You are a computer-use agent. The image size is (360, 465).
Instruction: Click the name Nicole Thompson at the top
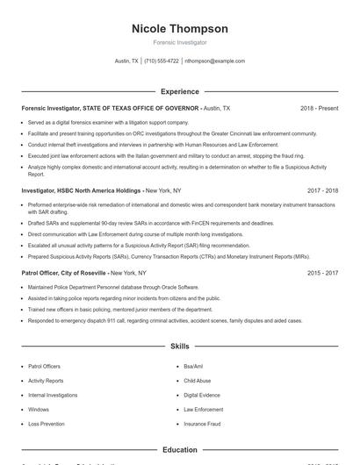[179, 29]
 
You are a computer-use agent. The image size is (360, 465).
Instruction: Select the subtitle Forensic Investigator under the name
[179, 42]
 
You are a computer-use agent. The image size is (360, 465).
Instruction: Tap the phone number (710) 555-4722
[161, 61]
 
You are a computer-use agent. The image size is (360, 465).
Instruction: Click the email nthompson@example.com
[214, 61]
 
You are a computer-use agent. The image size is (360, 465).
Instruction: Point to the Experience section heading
[179, 91]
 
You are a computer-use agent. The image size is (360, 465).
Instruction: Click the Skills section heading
[179, 347]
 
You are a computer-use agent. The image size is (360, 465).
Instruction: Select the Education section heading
[179, 450]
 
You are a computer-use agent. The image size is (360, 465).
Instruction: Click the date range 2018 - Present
[319, 108]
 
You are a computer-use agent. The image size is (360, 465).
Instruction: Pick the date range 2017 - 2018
[322, 190]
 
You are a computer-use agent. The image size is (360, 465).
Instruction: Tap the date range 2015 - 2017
[322, 273]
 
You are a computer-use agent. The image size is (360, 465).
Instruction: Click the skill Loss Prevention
[46, 424]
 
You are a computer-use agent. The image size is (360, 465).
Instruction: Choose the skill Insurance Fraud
[201, 424]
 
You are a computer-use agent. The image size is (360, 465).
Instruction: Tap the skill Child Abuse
[197, 381]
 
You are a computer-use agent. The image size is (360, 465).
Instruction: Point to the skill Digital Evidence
[201, 395]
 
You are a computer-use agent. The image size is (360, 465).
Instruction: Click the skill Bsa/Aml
[193, 366]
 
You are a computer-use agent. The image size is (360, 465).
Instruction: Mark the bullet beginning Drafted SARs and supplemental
[139, 223]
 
